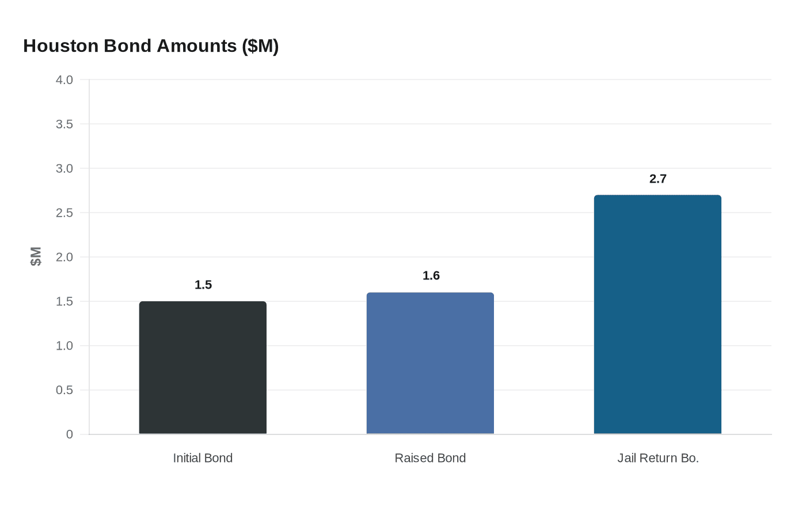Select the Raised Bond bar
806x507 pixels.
[x=430, y=363]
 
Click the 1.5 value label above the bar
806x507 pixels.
[x=203, y=285]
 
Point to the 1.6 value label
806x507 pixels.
[x=431, y=275]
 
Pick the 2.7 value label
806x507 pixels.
[x=657, y=179]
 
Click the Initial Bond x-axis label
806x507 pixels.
[x=203, y=458]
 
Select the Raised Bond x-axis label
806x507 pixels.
[x=430, y=458]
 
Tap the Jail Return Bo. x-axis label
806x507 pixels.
[x=657, y=458]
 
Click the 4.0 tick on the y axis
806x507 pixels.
[x=64, y=80]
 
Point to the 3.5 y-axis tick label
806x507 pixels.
[x=64, y=124]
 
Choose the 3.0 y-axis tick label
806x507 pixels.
[x=64, y=169]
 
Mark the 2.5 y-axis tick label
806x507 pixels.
[x=64, y=213]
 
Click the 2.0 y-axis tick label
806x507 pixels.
[x=64, y=258]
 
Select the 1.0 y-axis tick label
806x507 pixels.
[x=64, y=346]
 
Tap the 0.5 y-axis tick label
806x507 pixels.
[x=64, y=390]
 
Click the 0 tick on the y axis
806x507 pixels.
[x=70, y=434]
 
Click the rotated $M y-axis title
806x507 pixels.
[x=36, y=256]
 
